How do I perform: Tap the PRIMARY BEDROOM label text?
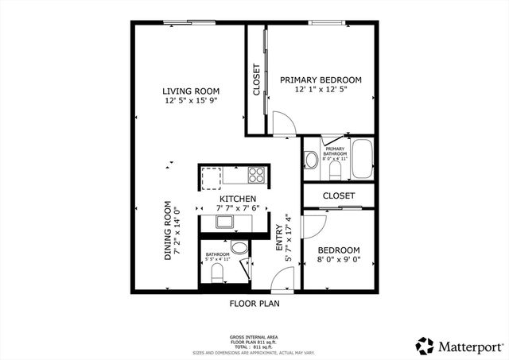321,80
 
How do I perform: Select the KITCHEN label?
238,199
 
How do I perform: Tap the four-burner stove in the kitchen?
257,174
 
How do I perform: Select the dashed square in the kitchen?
212,175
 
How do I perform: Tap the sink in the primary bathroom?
309,159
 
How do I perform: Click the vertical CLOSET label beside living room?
257,80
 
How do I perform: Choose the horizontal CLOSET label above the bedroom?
339,195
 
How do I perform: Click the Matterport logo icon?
425,346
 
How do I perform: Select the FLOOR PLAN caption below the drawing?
254,303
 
